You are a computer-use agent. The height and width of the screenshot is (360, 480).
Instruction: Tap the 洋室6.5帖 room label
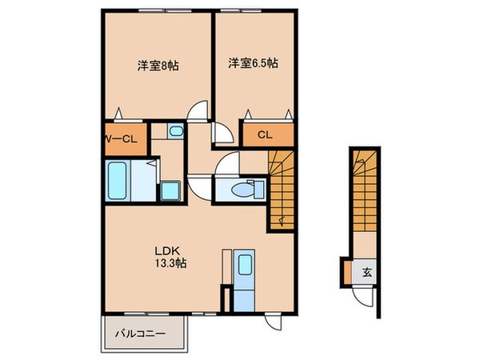(254, 62)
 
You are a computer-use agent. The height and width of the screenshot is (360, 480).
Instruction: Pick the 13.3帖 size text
(170, 262)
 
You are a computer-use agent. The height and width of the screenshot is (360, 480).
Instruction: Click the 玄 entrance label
(366, 273)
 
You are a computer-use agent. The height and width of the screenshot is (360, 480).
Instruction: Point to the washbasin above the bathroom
(176, 131)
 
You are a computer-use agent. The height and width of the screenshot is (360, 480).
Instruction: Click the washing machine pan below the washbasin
(170, 190)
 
